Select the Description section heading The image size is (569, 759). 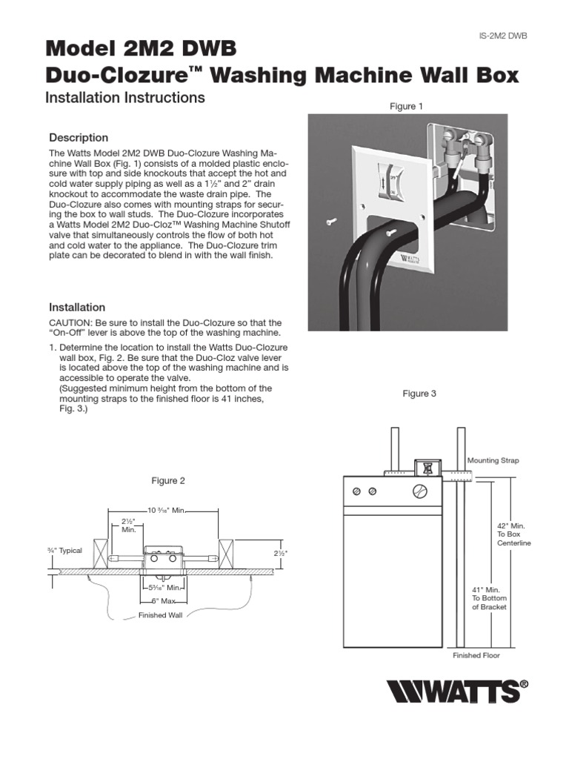79,138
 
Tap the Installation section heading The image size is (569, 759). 77,307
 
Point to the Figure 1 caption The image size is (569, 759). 407,107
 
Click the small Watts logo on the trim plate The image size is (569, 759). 409,258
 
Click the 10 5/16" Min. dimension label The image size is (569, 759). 164,510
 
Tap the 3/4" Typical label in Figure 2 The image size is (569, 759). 64,551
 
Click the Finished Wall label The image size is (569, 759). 160,615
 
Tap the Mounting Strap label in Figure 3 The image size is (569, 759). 493,460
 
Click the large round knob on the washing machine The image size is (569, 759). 419,491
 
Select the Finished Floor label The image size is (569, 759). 476,655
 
